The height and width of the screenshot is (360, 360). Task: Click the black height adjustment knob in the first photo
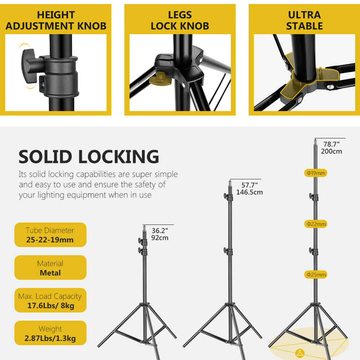29,66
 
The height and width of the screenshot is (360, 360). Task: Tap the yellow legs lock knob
161,78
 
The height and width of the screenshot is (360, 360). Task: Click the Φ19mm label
316,173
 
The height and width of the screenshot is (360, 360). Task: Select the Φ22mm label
316,224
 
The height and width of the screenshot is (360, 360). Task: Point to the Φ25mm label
316,275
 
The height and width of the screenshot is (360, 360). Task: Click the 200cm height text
331,152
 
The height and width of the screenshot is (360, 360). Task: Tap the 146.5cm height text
249,192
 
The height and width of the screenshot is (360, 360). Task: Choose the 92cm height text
160,238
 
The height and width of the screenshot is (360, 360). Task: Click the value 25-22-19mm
50,240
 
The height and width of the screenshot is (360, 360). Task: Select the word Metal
50,273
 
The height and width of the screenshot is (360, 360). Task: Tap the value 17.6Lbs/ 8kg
51,306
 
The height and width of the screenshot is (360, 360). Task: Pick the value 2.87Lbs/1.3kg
50,338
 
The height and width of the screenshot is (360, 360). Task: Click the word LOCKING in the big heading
119,157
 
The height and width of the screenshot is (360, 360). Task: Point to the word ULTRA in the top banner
305,15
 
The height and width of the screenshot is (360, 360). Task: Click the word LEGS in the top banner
180,15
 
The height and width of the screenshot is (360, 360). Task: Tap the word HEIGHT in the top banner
56,15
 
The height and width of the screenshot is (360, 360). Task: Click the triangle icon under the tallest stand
300,353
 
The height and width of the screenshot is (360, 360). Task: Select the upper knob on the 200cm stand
311,197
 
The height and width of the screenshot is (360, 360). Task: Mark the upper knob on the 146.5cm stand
226,196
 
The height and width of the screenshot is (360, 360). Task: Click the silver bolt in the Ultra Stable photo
330,87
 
